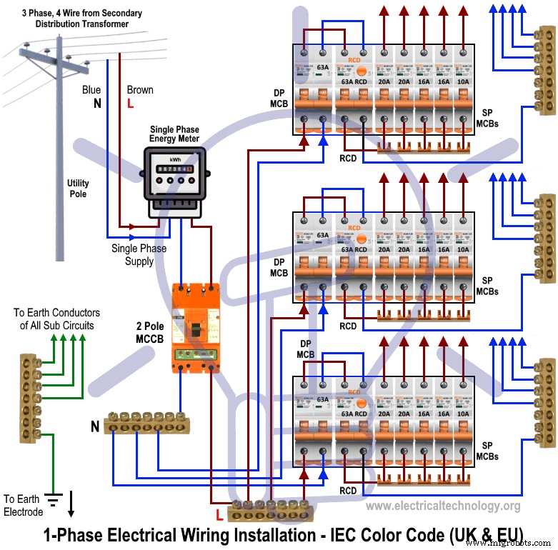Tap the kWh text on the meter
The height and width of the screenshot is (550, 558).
tap(174, 159)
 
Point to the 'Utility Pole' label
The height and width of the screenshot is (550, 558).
tap(78, 189)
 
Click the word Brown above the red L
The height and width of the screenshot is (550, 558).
tap(140, 90)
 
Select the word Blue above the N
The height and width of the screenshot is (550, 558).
tap(91, 90)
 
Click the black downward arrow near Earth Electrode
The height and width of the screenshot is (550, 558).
tap(71, 503)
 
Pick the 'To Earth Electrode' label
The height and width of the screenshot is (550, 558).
tap(24, 505)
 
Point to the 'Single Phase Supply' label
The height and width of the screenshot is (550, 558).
tap(139, 255)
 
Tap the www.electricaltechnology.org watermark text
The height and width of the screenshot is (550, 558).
tap(443, 506)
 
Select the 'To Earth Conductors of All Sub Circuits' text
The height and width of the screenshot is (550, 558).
tap(57, 319)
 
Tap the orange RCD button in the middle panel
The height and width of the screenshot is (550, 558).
tap(362, 235)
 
